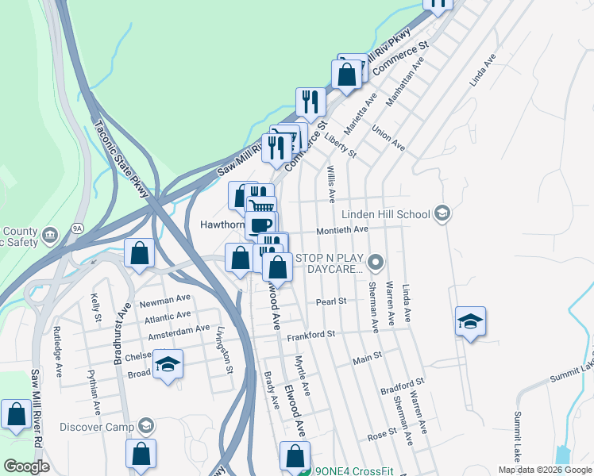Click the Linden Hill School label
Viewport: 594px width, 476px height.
pos(386,214)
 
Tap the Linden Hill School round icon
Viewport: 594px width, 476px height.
pos(442,213)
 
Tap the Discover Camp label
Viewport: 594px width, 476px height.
pos(100,426)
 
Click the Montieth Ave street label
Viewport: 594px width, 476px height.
pos(342,230)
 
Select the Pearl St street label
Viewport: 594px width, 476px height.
pos(331,301)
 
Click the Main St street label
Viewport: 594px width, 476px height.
pos(368,359)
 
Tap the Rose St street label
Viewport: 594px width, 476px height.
pos(381,433)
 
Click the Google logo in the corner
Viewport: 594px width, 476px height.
pos(26,466)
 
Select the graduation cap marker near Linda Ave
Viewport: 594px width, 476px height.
pos(471,321)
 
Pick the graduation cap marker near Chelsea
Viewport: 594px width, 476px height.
pos(168,364)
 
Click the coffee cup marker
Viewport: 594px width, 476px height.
pos(260,225)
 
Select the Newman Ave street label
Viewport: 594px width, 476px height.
pos(165,301)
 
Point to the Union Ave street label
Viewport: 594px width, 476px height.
pos(388,138)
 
